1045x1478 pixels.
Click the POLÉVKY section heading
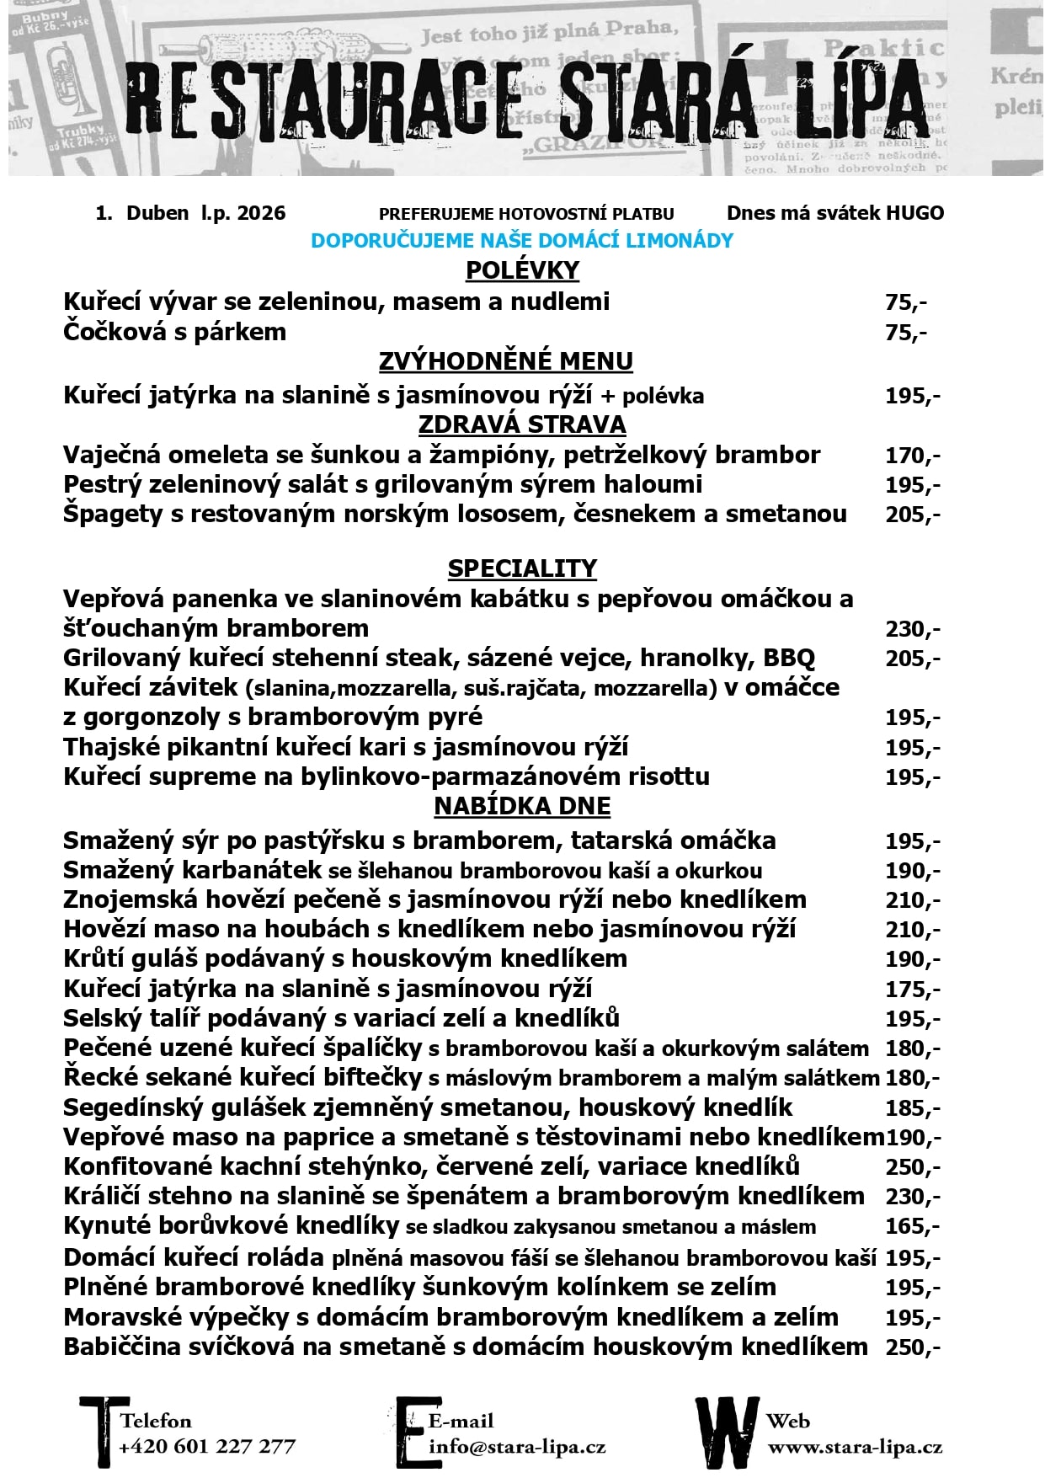[522, 270]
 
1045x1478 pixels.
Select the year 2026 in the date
[261, 213]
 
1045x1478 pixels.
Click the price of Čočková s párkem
[906, 333]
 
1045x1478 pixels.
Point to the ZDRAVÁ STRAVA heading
[522, 424]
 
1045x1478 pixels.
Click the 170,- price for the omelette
[912, 456]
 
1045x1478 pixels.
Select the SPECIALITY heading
[522, 568]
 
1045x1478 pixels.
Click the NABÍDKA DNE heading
[522, 806]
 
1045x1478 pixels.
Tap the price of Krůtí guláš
[912, 960]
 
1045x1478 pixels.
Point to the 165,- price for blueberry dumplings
[912, 1226]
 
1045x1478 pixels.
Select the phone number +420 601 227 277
[207, 1447]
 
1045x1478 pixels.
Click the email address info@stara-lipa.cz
[517, 1447]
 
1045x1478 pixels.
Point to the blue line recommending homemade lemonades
[522, 241]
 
